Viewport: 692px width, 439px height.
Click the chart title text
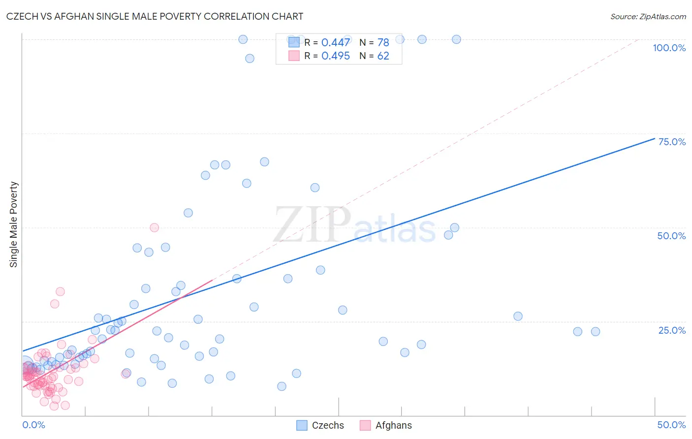pos(155,16)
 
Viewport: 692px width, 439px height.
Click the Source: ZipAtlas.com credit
pos(648,16)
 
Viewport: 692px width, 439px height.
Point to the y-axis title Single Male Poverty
pos(14,224)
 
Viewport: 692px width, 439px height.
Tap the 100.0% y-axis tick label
pos(669,48)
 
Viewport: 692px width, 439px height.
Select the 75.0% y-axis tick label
pos(672,142)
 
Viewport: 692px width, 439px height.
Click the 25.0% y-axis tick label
pos(672,330)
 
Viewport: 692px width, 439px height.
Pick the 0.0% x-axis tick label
pos(33,425)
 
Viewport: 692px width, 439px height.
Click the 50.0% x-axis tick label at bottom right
pos(671,425)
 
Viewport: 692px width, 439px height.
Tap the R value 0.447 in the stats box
pos(336,42)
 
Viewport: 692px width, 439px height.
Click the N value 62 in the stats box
pos(383,56)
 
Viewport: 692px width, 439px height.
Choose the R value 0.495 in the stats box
pos(336,56)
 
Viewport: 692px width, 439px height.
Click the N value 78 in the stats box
pos(383,42)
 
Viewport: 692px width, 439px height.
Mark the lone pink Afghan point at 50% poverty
pos(154,227)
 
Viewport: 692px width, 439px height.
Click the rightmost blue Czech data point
pos(596,332)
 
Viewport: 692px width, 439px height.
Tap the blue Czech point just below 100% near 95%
pos(250,58)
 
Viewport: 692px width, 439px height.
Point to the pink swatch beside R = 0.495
pos(294,56)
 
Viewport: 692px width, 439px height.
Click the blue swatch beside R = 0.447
pos(294,42)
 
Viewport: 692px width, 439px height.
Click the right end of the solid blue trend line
pos(654,138)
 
